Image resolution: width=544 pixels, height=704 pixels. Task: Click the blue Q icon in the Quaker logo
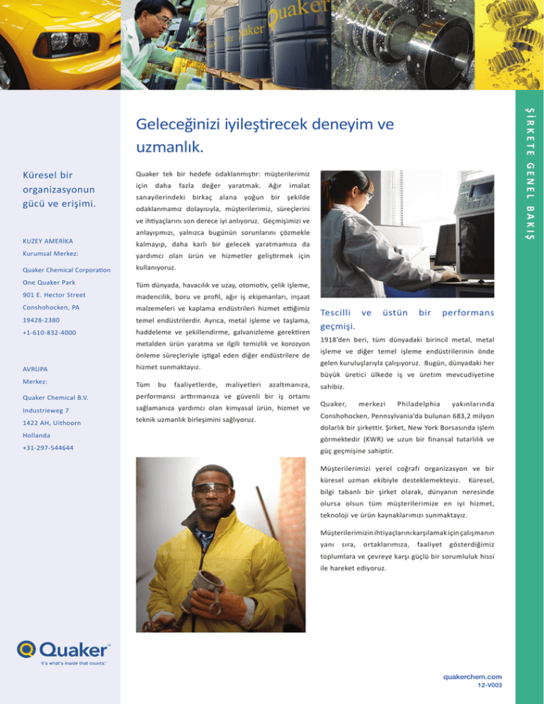point(26,648)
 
